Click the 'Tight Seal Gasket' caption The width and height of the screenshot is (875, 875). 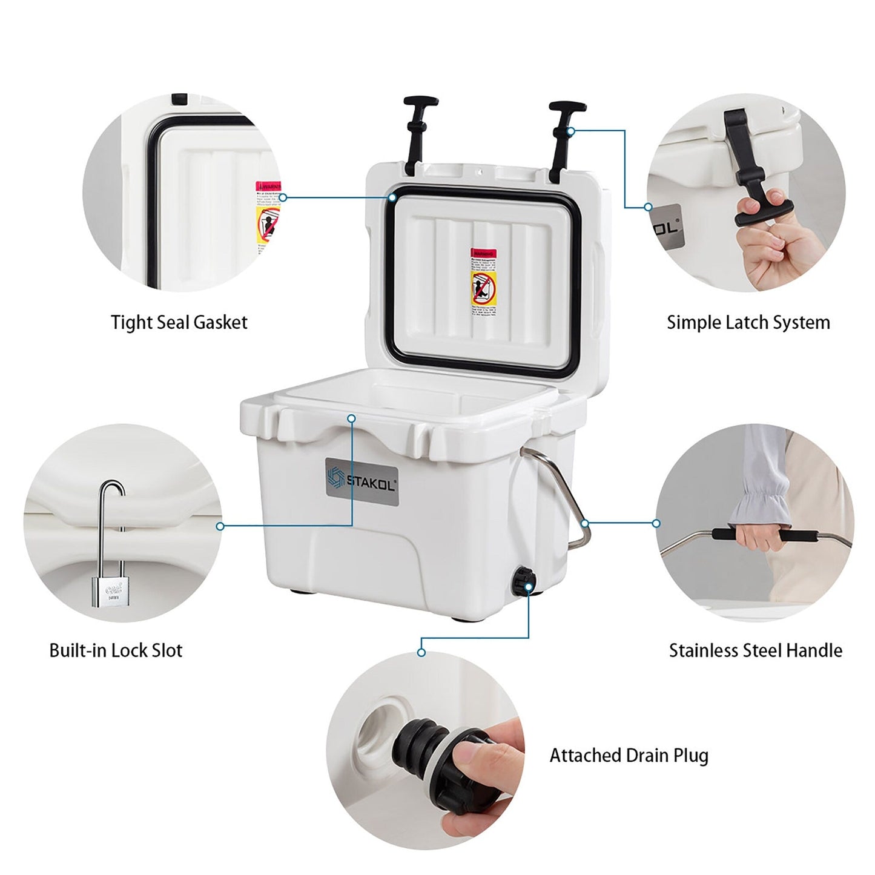coord(179,322)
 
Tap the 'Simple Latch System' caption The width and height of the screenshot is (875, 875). coord(748,322)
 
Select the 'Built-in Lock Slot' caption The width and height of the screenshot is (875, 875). coord(116,650)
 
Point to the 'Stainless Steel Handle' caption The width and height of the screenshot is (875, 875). coord(755,650)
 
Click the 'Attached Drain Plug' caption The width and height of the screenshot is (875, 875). coord(629,756)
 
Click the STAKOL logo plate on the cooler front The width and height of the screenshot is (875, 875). coord(362,482)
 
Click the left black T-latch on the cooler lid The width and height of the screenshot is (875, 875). coord(417,130)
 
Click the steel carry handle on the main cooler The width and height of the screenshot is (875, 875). coord(563,497)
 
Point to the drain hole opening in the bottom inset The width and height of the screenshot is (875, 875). coord(377,730)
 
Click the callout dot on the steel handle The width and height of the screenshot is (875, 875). coord(584,523)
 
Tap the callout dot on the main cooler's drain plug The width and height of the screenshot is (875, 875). coord(529,586)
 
